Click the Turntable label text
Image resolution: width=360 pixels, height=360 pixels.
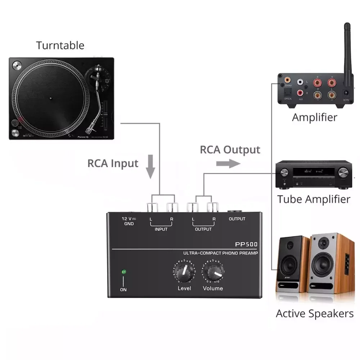(x=60, y=45)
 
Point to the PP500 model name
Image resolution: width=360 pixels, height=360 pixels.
(x=246, y=244)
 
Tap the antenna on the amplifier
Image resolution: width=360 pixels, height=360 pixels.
(x=347, y=50)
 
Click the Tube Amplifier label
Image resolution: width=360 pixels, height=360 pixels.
(x=314, y=199)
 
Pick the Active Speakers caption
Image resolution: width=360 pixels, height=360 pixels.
(x=315, y=313)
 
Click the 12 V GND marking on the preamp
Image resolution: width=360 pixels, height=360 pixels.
(x=129, y=221)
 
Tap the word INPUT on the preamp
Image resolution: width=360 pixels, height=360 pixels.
(x=161, y=229)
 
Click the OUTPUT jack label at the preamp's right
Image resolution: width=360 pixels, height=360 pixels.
(x=237, y=219)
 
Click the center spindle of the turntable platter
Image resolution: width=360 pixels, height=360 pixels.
(x=50, y=98)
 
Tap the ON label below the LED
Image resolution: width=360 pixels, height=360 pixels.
(x=123, y=289)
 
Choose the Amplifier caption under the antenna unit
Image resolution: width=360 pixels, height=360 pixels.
(x=314, y=117)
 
